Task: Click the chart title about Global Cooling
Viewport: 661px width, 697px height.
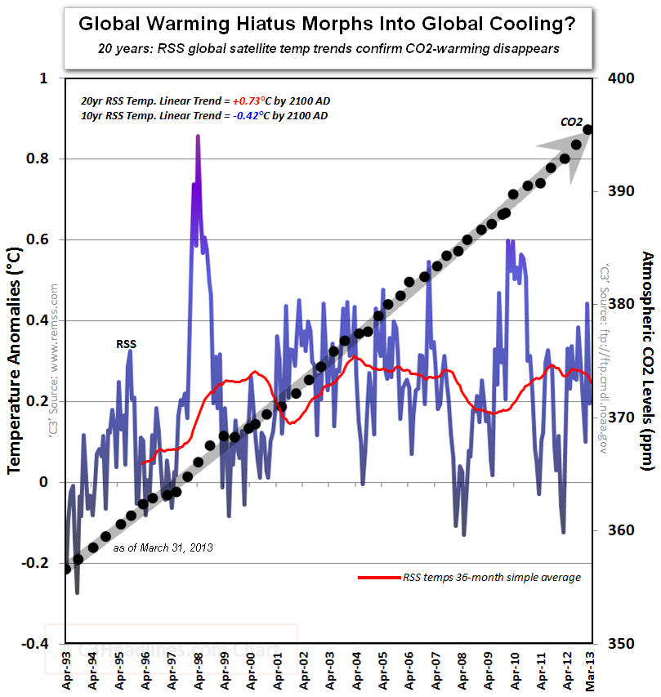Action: (327, 24)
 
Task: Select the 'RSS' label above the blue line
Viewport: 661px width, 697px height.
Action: (126, 344)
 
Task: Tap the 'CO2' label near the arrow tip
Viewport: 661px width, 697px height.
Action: (571, 122)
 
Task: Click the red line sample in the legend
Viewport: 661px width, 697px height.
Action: (378, 578)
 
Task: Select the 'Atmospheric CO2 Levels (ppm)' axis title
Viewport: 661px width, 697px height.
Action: (646, 360)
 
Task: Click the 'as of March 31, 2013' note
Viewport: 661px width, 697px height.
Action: (163, 547)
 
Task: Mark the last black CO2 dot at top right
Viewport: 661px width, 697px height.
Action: (587, 129)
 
